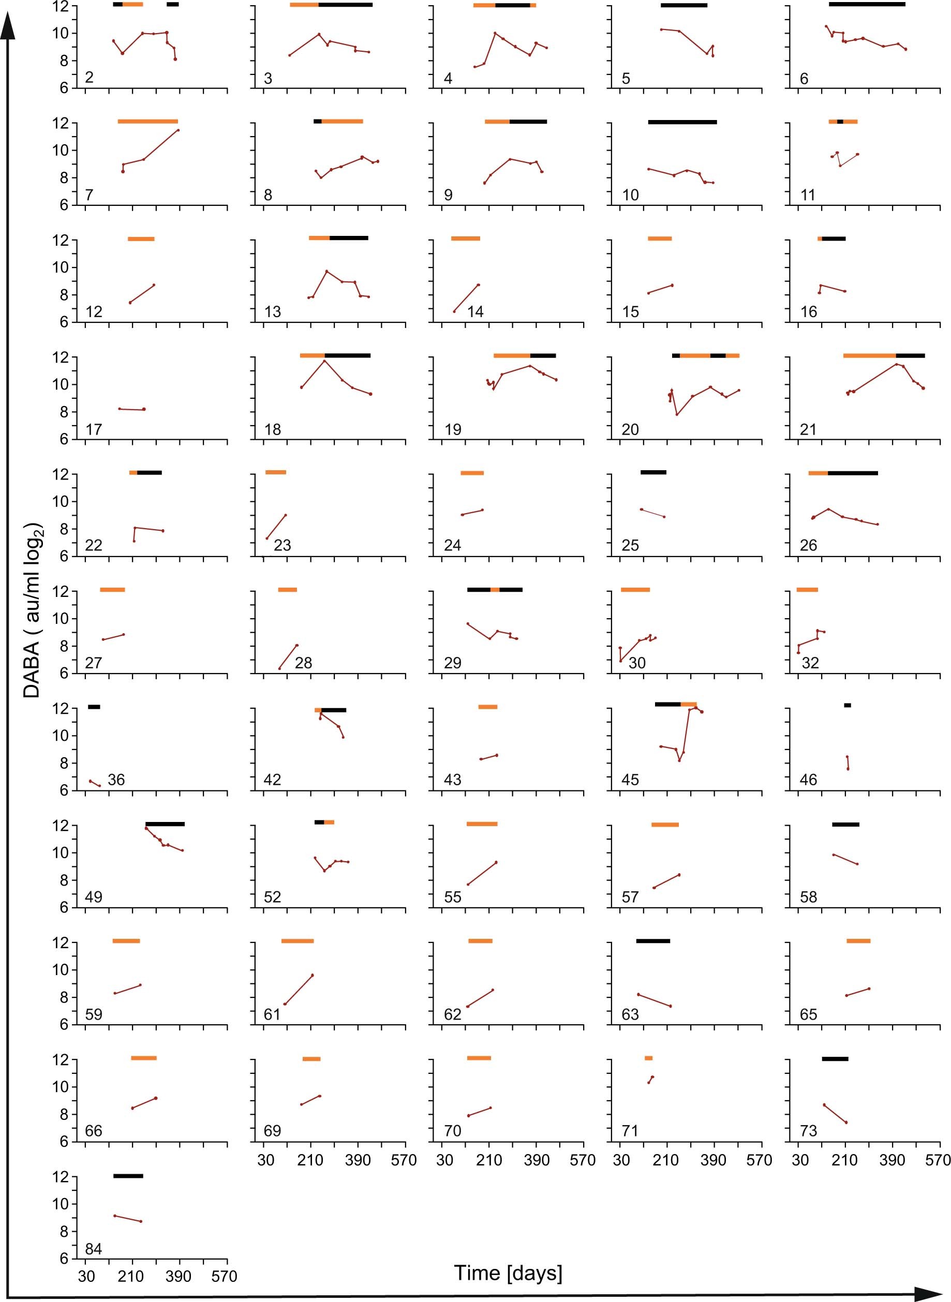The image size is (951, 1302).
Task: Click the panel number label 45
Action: tap(630, 780)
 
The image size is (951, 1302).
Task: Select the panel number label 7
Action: tap(88, 195)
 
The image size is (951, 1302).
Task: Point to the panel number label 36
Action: tap(116, 780)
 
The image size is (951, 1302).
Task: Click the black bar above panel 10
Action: tap(682, 122)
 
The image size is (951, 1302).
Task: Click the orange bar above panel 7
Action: tap(147, 122)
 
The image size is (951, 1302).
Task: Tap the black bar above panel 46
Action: tap(847, 705)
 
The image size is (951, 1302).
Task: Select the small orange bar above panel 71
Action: tap(648, 1058)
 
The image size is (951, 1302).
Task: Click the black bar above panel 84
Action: tap(128, 1176)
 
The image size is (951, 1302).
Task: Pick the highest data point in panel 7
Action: tap(178, 130)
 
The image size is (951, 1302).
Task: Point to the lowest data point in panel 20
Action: tap(677, 414)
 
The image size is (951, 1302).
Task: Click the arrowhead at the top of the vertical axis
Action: tap(7, 26)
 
